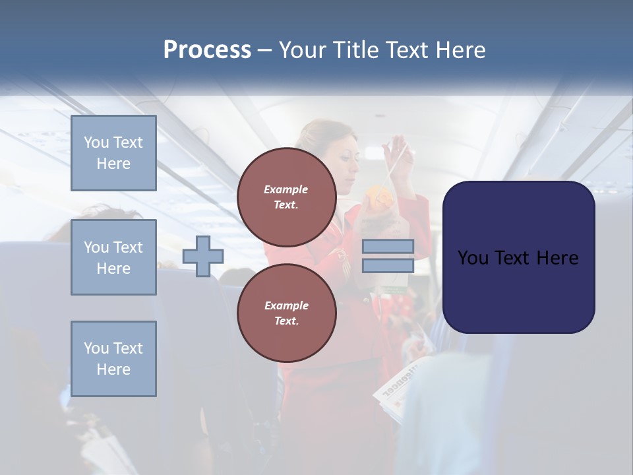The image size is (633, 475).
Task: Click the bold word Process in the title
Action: point(207,50)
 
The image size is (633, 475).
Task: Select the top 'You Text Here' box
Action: point(113,153)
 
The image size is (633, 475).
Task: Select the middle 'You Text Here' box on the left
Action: point(113,257)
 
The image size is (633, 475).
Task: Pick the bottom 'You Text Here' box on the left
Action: point(113,359)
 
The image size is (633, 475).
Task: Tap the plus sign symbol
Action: point(203,256)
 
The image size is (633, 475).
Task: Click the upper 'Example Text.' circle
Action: point(286,197)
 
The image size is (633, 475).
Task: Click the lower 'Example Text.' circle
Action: point(286,313)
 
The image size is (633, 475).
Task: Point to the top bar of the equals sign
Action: point(388,246)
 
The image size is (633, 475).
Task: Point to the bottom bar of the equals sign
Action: point(388,265)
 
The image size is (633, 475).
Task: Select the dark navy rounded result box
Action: point(518,257)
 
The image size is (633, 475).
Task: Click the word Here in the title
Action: point(459,50)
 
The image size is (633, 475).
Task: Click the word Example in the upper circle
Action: point(286,189)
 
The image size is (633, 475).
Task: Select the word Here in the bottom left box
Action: point(113,369)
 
